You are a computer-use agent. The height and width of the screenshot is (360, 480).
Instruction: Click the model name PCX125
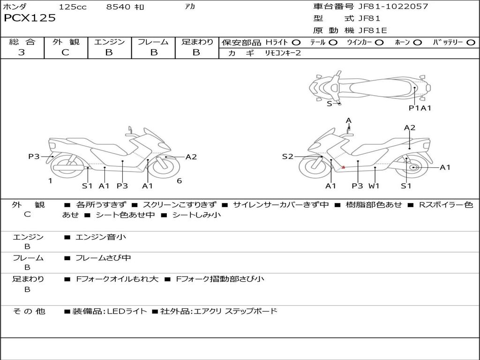pyautogui.click(x=30, y=18)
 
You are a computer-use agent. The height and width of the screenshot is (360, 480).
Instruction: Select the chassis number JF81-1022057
pyautogui.click(x=393, y=6)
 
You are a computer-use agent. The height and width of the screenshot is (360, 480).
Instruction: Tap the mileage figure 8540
pyautogui.click(x=118, y=7)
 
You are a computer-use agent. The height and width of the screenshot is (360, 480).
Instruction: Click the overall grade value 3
pyautogui.click(x=22, y=52)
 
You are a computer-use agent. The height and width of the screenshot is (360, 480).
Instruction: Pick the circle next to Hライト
pyautogui.click(x=296, y=43)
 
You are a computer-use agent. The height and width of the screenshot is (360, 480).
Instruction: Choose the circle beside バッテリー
pyautogui.click(x=471, y=43)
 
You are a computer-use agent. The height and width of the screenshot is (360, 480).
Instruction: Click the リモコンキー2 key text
pyautogui.click(x=283, y=53)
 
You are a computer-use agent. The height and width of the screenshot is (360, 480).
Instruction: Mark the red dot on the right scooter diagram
pyautogui.click(x=343, y=167)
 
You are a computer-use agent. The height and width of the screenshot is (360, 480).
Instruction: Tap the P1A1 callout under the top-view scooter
pyautogui.click(x=420, y=108)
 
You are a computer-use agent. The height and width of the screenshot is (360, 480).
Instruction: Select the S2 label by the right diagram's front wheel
pyautogui.click(x=287, y=157)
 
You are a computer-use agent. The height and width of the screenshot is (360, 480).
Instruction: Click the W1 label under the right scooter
pyautogui.click(x=374, y=186)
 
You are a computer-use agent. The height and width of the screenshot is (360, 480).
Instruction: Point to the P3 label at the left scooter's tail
pyautogui.click(x=34, y=157)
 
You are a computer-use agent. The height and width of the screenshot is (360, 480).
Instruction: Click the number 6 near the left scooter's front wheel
pyautogui.click(x=180, y=181)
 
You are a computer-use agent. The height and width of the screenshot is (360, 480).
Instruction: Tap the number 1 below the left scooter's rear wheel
pyautogui.click(x=50, y=181)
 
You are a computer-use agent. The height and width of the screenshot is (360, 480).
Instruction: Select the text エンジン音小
pyautogui.click(x=101, y=237)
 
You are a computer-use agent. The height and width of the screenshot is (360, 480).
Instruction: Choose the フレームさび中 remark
pyautogui.click(x=103, y=258)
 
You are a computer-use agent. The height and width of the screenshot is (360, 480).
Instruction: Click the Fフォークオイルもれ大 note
pyautogui.click(x=117, y=279)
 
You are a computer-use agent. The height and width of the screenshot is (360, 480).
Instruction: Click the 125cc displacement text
pyautogui.click(x=73, y=7)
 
